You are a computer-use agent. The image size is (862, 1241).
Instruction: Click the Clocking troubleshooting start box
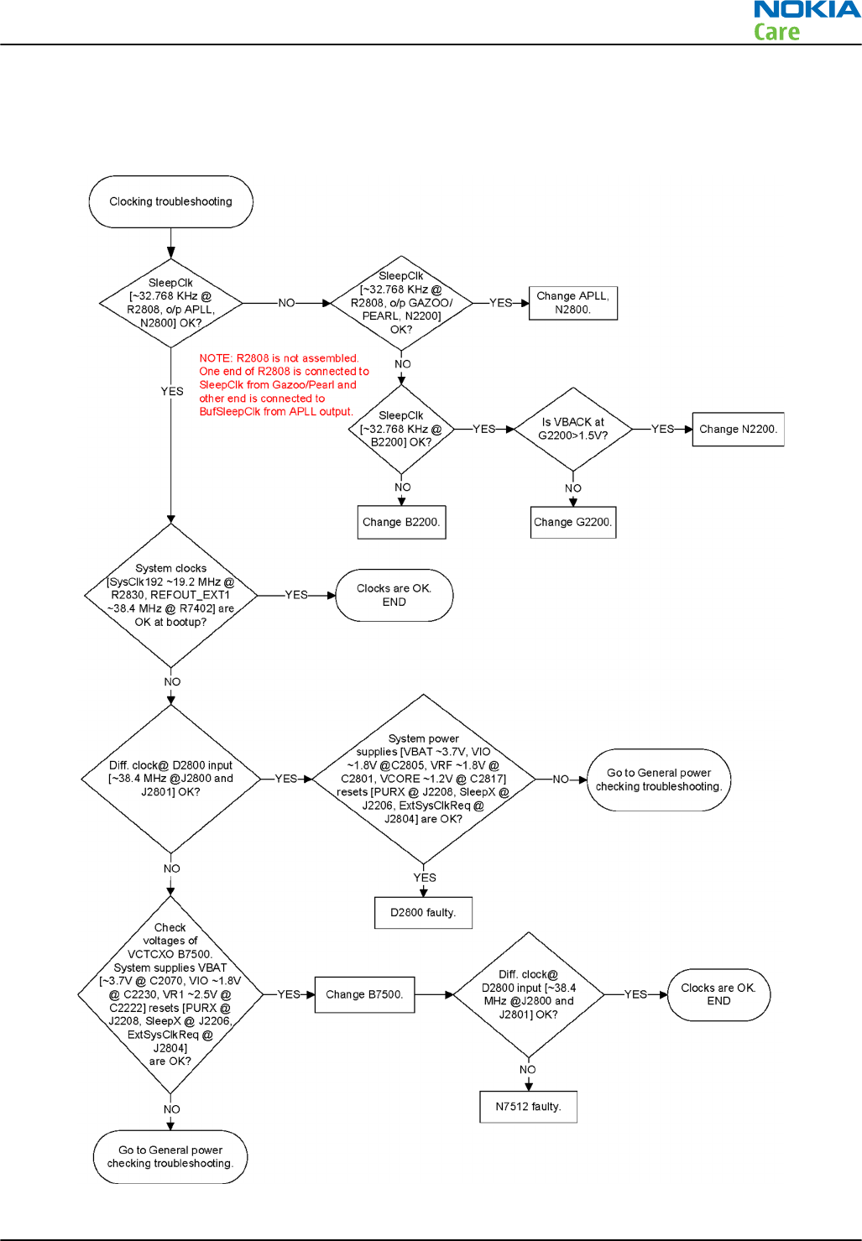[x=170, y=201]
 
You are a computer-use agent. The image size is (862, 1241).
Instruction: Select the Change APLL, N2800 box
[x=573, y=303]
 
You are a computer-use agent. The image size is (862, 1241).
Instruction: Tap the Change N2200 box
[x=738, y=429]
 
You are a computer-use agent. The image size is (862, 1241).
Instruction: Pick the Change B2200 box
[x=401, y=522]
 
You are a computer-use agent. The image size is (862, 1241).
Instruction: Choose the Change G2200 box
[x=573, y=522]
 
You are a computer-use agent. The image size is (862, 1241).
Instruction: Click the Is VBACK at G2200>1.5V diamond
[x=573, y=429]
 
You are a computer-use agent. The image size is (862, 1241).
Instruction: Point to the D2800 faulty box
[x=423, y=913]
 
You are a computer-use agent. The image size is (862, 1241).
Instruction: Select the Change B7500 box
[x=364, y=994]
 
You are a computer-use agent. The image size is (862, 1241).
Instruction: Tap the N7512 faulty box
[x=528, y=1107]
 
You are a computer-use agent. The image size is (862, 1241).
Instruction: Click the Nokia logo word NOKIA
[x=807, y=10]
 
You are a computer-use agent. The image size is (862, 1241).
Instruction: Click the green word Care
[x=776, y=33]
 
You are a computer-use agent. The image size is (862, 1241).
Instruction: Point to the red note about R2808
[x=283, y=385]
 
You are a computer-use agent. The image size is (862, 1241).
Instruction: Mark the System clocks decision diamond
[x=171, y=595]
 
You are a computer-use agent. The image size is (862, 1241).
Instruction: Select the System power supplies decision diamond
[x=423, y=779]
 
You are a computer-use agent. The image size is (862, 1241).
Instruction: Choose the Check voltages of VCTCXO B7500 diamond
[x=170, y=994]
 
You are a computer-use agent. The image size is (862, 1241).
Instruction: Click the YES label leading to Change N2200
[x=662, y=429]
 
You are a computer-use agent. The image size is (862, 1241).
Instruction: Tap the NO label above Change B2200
[x=403, y=488]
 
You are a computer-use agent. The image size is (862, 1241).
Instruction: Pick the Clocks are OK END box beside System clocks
[x=394, y=595]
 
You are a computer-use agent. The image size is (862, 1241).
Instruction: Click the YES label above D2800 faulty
[x=425, y=878]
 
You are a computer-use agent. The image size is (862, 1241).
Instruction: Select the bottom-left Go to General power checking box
[x=170, y=1157]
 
